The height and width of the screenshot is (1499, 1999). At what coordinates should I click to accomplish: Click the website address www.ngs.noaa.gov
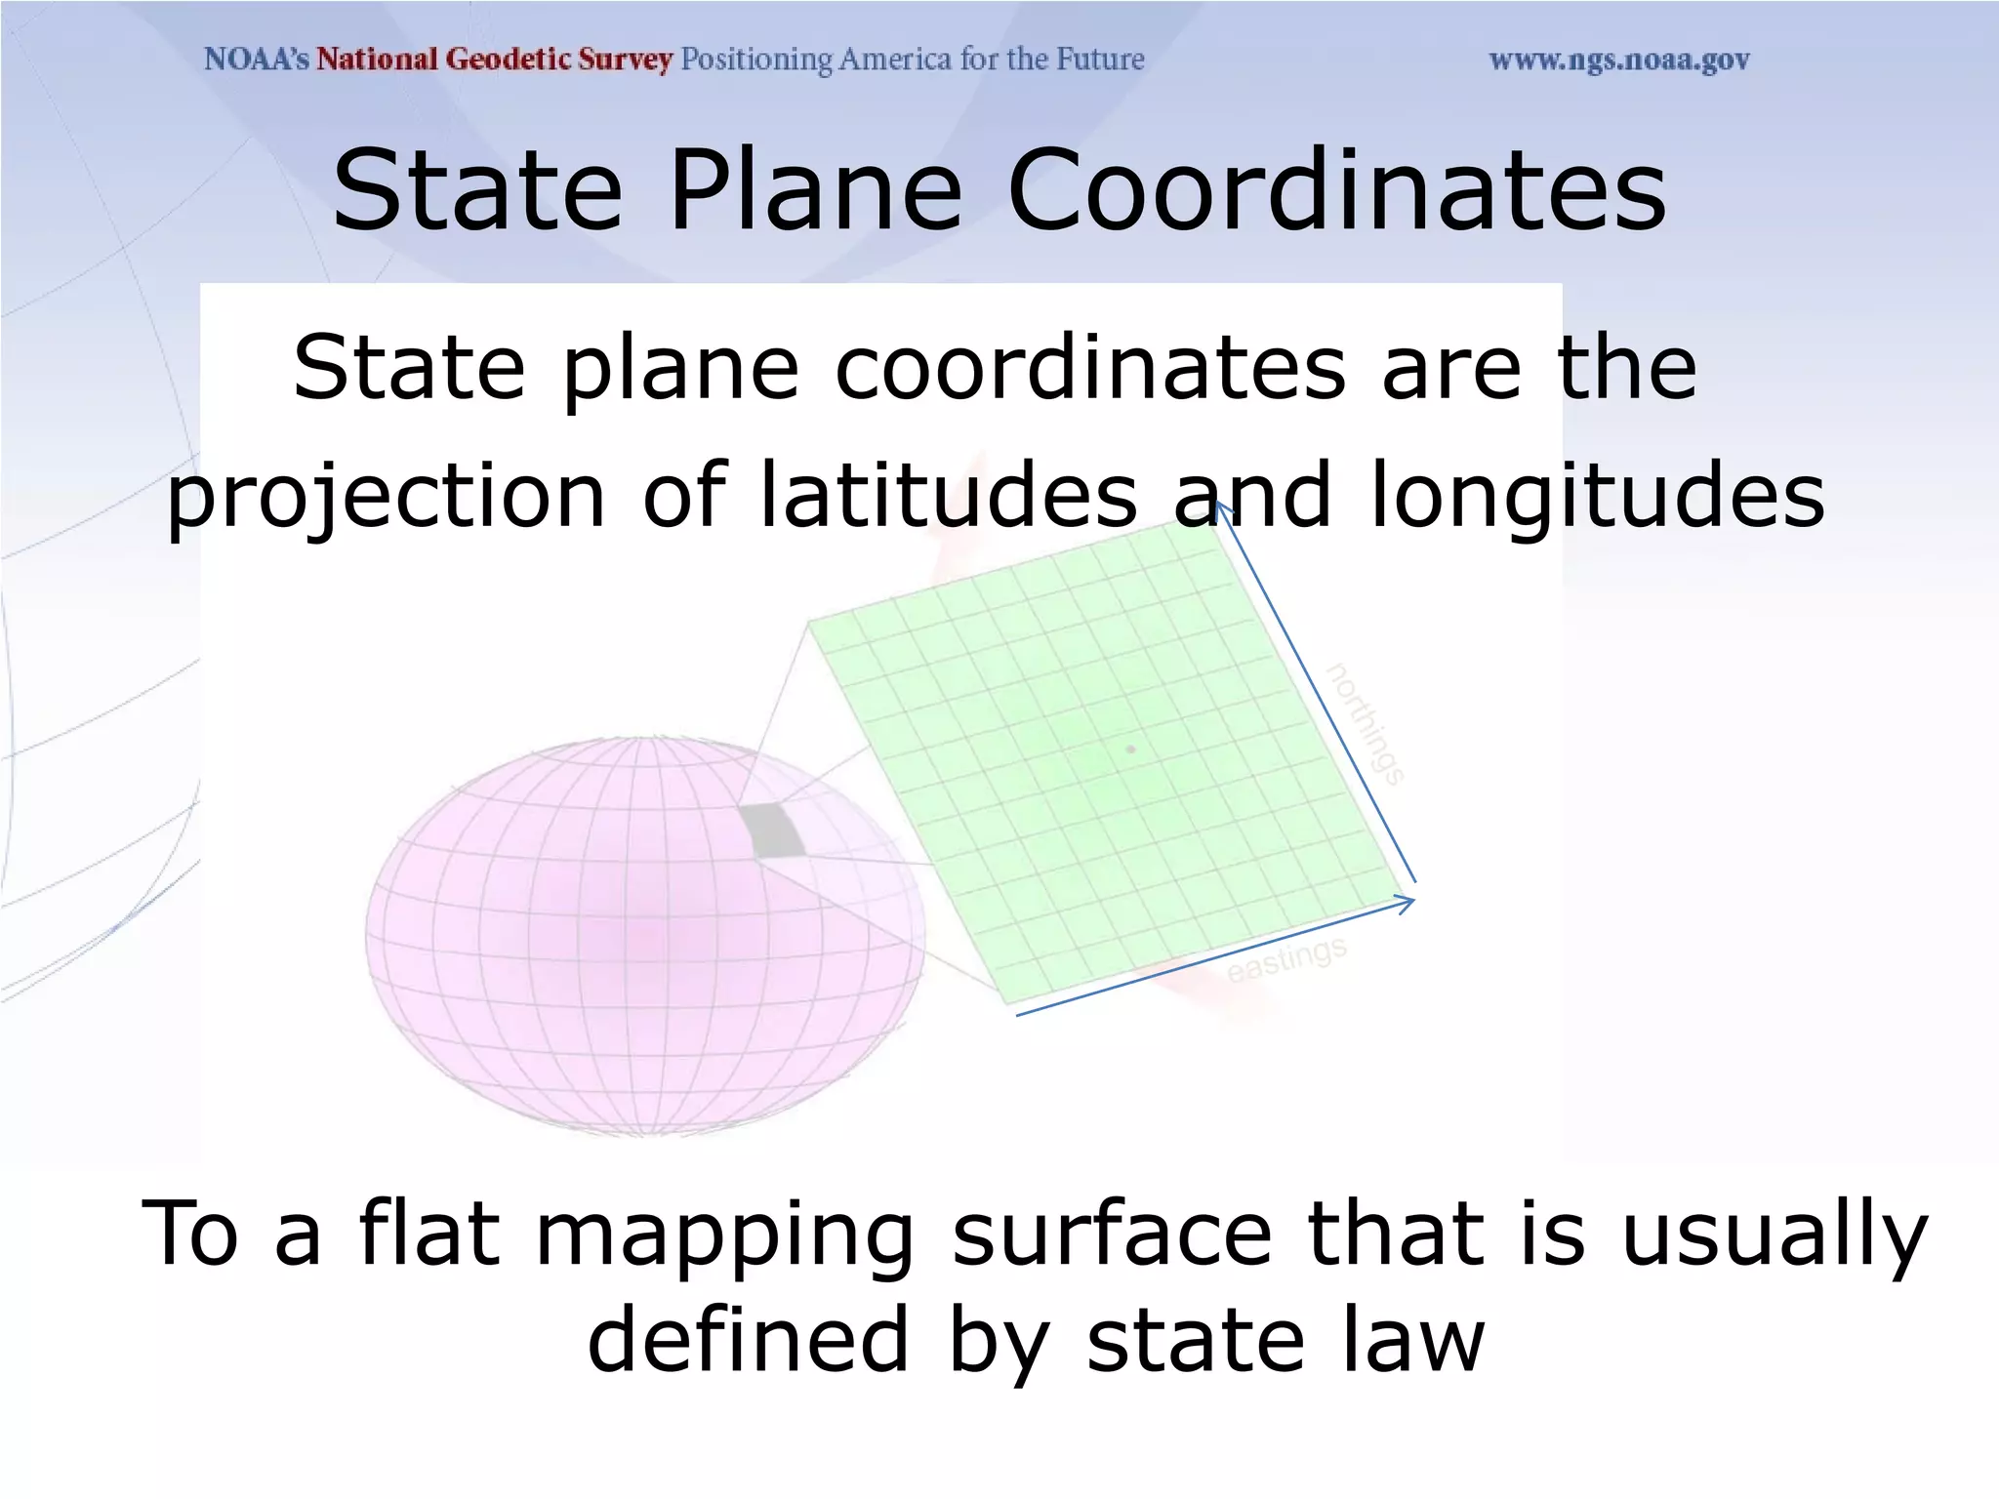point(1618,61)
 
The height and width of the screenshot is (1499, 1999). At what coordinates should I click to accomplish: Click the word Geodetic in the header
point(508,60)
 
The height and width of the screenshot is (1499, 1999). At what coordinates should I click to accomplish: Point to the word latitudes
point(948,495)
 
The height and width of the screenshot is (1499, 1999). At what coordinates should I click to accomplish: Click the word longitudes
point(1597,495)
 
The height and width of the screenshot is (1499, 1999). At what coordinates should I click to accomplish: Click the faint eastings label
point(1286,958)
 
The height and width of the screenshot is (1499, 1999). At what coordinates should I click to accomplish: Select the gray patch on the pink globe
point(771,831)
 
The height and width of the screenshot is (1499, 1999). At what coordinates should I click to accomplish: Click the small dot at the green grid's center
point(1131,749)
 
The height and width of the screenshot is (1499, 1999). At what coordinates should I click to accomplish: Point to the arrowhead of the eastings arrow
point(1409,902)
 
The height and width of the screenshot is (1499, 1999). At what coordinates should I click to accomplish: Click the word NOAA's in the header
point(256,60)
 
